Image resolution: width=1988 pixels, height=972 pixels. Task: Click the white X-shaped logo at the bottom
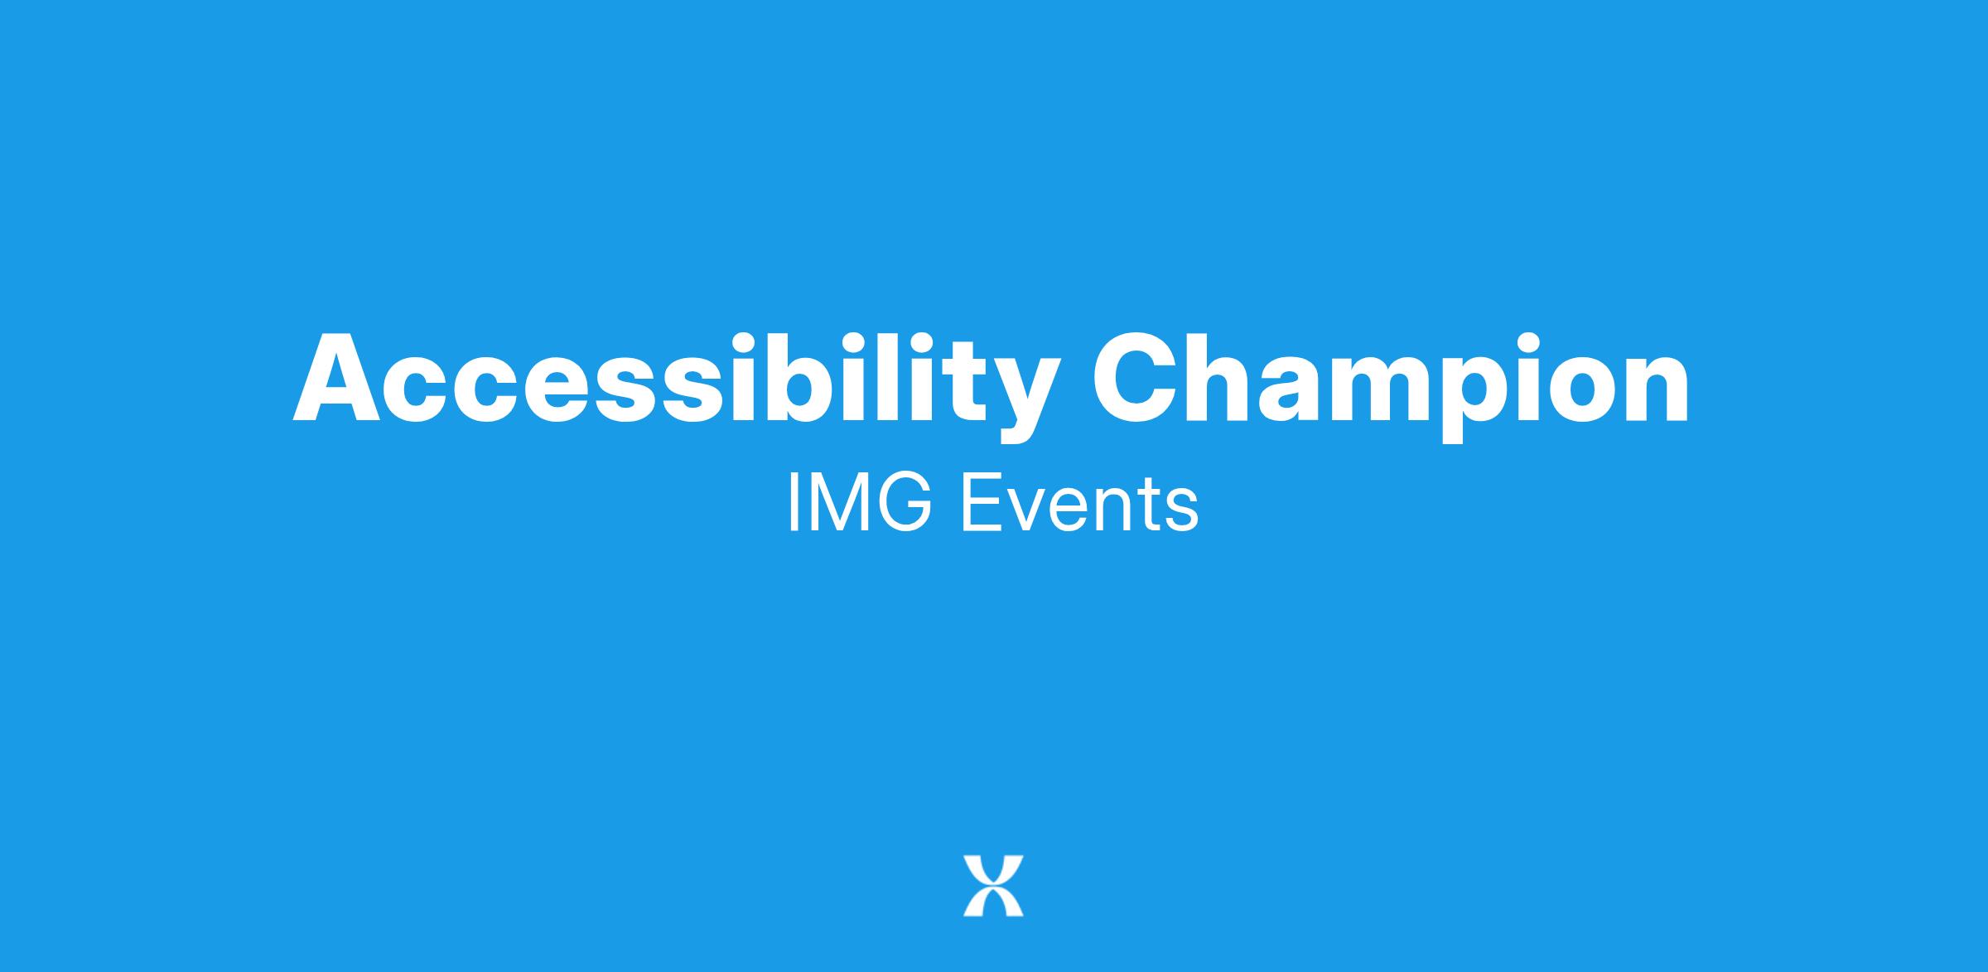(x=993, y=885)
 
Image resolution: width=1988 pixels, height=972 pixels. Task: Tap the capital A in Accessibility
(x=336, y=378)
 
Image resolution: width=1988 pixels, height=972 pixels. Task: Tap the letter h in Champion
(x=1229, y=377)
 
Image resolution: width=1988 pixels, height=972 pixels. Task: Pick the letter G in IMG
(x=908, y=503)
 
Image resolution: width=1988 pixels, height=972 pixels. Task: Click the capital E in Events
(x=982, y=503)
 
